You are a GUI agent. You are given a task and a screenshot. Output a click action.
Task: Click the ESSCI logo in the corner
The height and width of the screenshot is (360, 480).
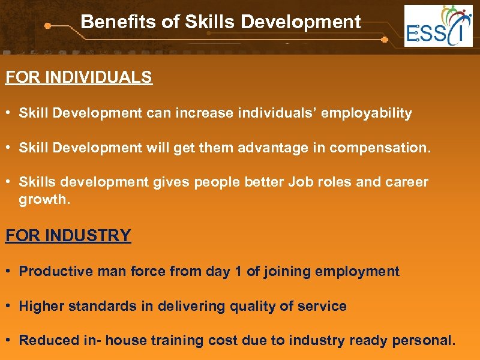point(438,26)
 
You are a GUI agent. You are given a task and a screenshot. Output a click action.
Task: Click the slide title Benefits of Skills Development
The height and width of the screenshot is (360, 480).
point(221,22)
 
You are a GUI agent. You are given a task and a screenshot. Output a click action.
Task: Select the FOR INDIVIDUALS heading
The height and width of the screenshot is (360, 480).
point(79,78)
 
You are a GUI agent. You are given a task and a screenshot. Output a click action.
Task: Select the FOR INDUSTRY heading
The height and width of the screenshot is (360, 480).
point(68,235)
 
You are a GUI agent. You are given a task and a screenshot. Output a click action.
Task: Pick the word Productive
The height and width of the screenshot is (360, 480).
point(52,271)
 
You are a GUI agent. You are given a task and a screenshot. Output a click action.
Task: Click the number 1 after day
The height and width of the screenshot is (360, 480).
point(238,271)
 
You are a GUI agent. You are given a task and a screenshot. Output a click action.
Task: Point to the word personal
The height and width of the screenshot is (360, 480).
point(424,340)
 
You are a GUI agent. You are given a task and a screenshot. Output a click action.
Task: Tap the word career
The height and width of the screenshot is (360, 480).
point(410,182)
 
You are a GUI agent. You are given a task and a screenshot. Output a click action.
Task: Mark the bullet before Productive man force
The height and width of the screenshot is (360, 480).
point(9,271)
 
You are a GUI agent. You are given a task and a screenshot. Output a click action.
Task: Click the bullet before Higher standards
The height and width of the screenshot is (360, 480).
point(9,306)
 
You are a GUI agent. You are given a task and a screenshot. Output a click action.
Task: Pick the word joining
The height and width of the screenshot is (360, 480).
point(289,271)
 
